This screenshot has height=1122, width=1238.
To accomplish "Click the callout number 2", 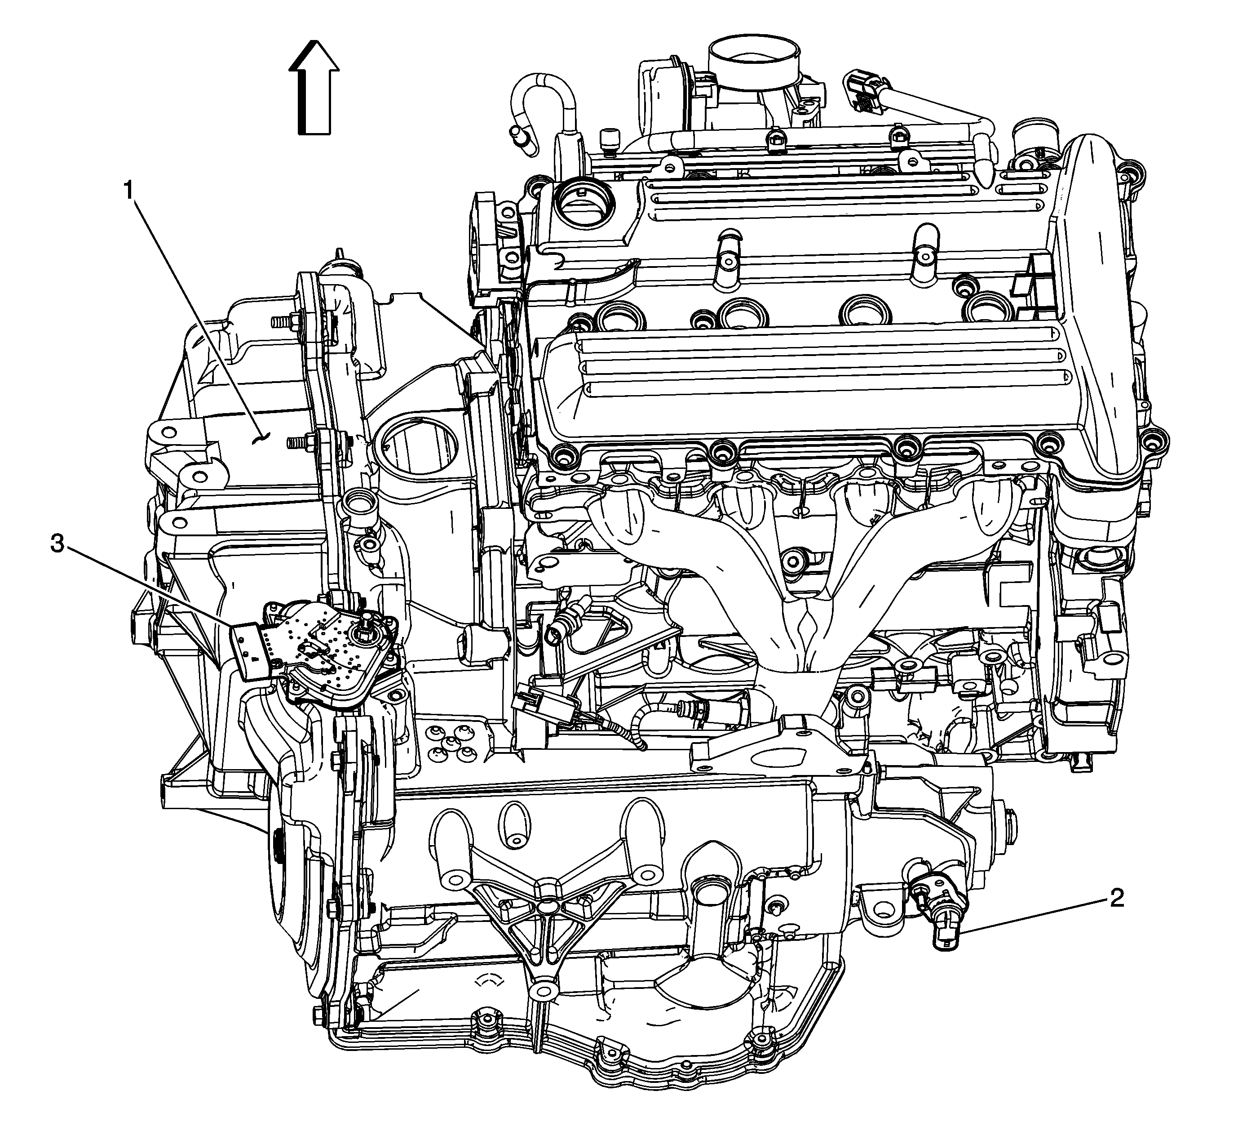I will (1116, 898).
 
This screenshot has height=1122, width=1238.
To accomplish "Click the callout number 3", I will (57, 543).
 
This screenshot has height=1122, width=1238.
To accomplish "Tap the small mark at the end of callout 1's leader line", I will (262, 437).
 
